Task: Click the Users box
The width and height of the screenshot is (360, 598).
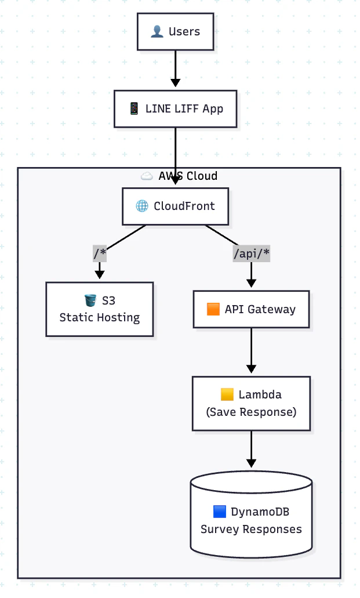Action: [x=176, y=32]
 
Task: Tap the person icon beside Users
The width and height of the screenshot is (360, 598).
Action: [x=157, y=31]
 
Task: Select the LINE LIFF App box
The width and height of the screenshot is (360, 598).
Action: [x=176, y=109]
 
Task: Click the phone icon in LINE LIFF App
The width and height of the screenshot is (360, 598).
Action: [x=134, y=108]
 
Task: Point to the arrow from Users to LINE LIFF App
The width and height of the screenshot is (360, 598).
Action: [x=176, y=68]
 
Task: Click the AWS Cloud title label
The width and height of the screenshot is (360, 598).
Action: [x=188, y=176]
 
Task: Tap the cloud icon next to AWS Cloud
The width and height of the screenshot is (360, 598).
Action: [x=147, y=176]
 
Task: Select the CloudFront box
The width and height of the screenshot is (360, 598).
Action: [x=176, y=206]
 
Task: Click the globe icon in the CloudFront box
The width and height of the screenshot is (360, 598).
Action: [x=142, y=206]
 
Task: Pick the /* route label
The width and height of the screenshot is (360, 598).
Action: [x=100, y=253]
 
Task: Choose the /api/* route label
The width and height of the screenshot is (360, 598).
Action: [x=252, y=253]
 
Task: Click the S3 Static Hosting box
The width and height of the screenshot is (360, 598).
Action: [x=100, y=309]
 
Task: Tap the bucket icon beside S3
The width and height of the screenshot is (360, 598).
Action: [x=90, y=300]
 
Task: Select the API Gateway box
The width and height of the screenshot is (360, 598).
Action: [x=252, y=309]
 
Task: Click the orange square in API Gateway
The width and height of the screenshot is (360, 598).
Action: [x=213, y=309]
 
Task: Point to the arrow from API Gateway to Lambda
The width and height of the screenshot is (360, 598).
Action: [x=252, y=350]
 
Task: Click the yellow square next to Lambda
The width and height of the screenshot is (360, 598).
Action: [x=227, y=394]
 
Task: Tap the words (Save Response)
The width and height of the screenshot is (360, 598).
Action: [x=252, y=412]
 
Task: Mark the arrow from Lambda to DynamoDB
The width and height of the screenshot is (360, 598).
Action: [x=252, y=449]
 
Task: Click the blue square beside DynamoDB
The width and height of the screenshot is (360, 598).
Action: [x=220, y=512]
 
